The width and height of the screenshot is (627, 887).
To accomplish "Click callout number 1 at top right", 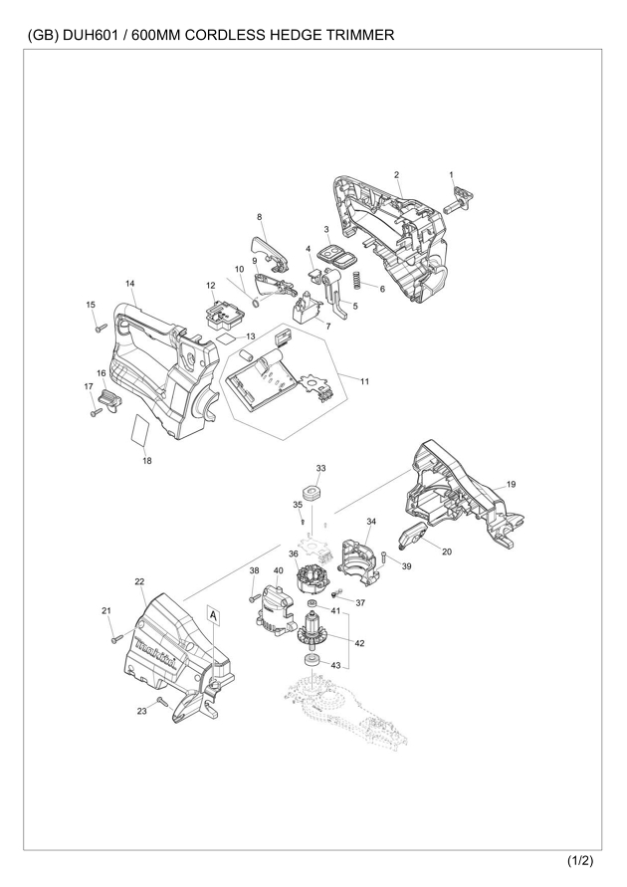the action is (451, 175).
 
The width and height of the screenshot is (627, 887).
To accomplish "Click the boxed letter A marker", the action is (213, 614).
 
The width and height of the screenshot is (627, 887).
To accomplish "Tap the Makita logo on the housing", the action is (156, 653).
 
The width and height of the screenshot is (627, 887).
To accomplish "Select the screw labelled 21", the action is (117, 637).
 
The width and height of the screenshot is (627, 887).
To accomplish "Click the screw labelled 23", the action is (163, 703).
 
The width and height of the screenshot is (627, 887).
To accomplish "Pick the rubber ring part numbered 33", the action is (313, 492).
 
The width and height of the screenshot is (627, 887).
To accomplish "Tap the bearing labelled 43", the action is (310, 659).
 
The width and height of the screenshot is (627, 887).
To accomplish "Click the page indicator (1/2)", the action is (580, 861).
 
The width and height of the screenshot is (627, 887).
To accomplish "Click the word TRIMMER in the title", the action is (359, 35).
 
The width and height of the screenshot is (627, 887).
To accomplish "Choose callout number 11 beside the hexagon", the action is (364, 381).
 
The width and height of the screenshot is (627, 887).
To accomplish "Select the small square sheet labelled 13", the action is (226, 338).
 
